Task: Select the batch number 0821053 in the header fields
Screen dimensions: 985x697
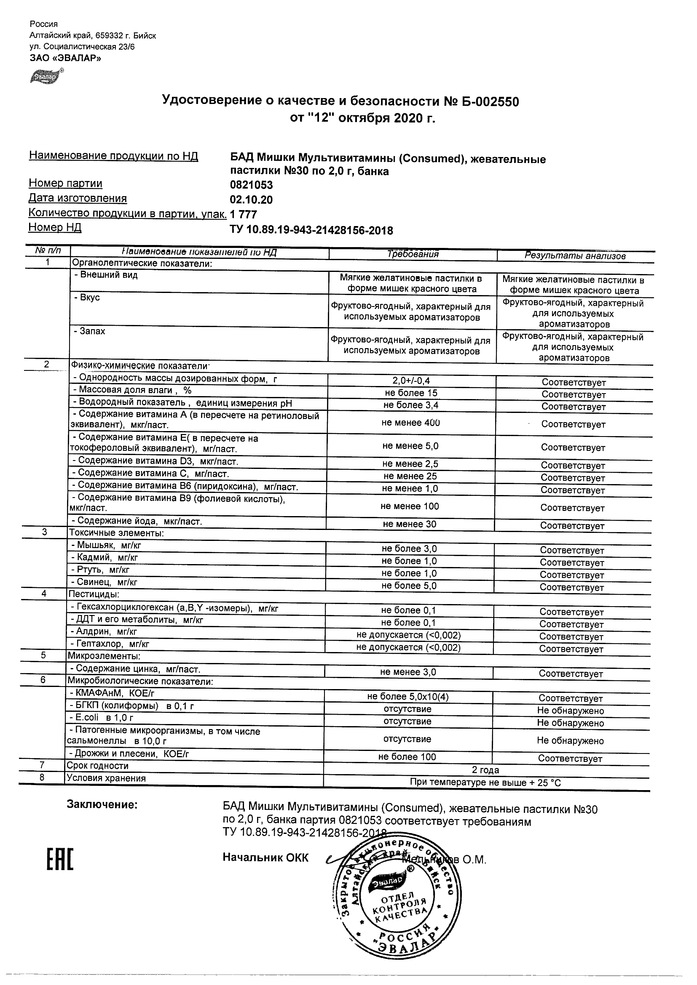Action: pyautogui.click(x=251, y=185)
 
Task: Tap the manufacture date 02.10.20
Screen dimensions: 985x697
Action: pyautogui.click(x=251, y=200)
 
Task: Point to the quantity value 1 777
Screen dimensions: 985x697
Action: pyautogui.click(x=244, y=215)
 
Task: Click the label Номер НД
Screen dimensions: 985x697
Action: pyautogui.click(x=55, y=227)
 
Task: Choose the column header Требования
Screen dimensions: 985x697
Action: pyautogui.click(x=413, y=254)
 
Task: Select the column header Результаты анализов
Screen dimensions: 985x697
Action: pyautogui.click(x=575, y=256)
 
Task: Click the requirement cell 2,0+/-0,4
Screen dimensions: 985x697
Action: pyautogui.click(x=411, y=381)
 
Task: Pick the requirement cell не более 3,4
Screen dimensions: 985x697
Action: pyautogui.click(x=411, y=405)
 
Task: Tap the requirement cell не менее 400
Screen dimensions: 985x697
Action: pyautogui.click(x=410, y=423)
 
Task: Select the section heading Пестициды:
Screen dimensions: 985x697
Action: pyautogui.click(x=94, y=594)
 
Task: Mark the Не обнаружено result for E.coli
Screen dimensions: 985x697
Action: pyautogui.click(x=570, y=723)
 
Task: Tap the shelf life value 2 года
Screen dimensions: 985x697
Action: pyautogui.click(x=485, y=769)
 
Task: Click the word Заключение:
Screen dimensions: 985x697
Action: pyautogui.click(x=102, y=805)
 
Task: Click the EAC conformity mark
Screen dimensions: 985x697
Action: pyautogui.click(x=60, y=859)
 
